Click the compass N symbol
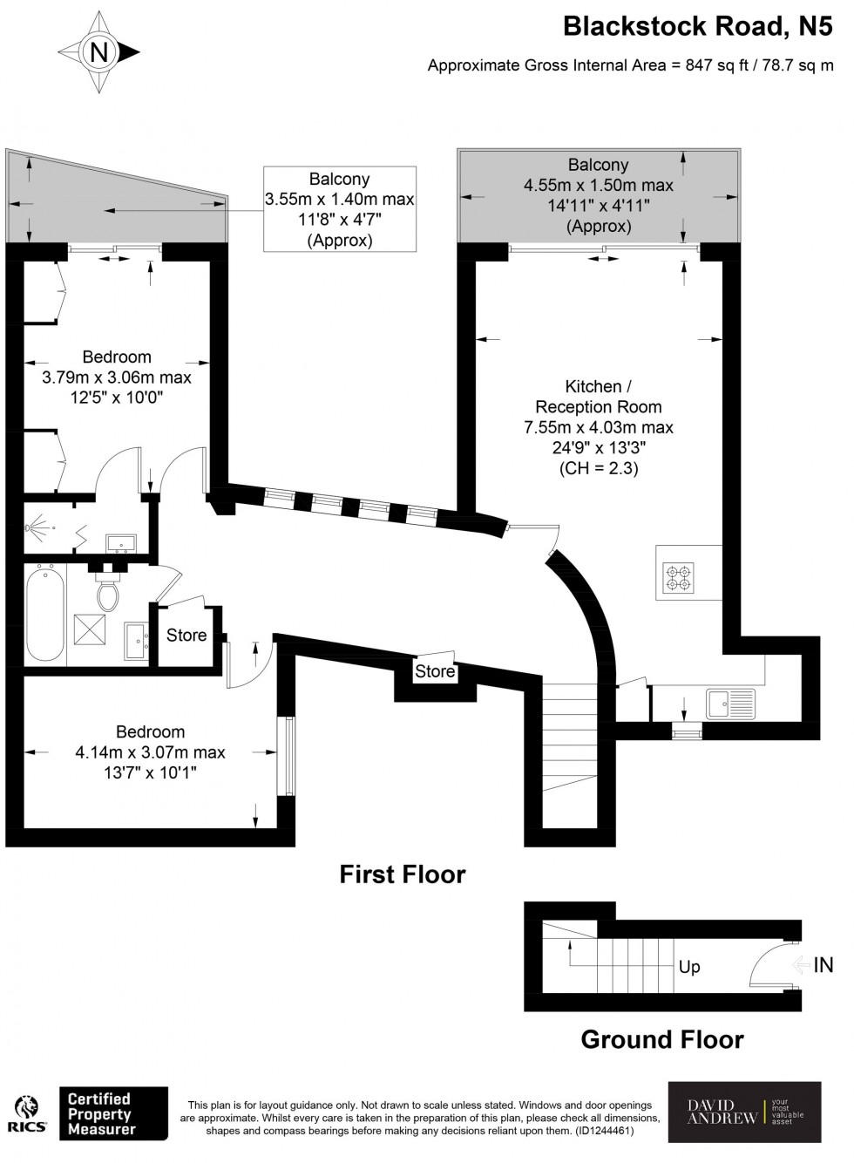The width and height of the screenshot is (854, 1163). [x=98, y=53]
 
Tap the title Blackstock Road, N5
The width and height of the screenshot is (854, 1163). [x=697, y=26]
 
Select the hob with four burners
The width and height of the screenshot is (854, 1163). [x=679, y=577]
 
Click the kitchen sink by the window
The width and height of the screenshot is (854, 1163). [x=730, y=704]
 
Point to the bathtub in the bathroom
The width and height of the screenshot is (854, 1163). [x=44, y=614]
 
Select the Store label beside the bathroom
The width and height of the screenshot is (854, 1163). [x=186, y=636]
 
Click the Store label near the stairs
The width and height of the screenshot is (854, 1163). [x=435, y=671]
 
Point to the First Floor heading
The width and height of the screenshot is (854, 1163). [x=403, y=874]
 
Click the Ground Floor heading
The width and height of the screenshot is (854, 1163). [x=662, y=1039]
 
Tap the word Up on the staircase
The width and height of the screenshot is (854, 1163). [x=689, y=967]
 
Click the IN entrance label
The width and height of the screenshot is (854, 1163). [x=823, y=965]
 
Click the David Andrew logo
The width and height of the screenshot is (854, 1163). [x=744, y=1112]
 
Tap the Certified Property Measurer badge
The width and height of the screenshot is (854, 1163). [x=112, y=1113]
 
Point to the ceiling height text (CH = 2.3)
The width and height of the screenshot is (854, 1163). [x=599, y=468]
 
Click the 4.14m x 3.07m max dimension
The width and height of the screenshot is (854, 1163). [x=150, y=752]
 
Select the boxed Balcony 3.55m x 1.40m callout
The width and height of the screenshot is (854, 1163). [x=340, y=209]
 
